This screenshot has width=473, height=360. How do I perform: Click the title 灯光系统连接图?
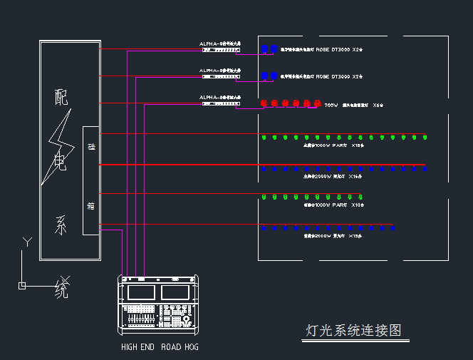coord(353,331)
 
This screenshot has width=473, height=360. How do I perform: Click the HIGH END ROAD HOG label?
coord(160,347)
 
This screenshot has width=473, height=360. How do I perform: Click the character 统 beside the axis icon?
coord(63,289)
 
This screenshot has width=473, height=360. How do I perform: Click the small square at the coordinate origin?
coord(22,286)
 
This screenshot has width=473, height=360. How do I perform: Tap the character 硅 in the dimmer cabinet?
coord(91,147)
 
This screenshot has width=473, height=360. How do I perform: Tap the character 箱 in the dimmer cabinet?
coord(91,207)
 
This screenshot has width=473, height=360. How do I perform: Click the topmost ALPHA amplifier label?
coord(220,43)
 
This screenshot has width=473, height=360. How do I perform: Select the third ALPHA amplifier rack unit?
coord(221,104)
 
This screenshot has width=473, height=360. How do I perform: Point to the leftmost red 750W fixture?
coord(264,103)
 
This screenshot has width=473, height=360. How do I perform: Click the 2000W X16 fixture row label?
coord(334,175)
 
